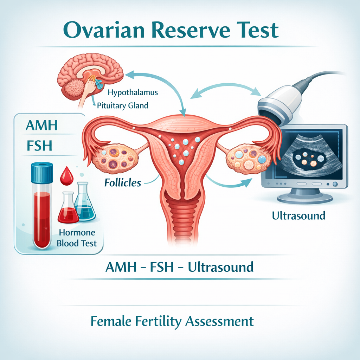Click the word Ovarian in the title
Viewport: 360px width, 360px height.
coord(104,30)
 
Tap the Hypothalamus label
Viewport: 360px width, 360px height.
coord(133,92)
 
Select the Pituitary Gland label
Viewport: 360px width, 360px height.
coord(123,105)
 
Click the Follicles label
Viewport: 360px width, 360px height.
coord(123,183)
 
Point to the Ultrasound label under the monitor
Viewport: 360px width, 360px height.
coord(298,216)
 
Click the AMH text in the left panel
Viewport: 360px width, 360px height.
coord(41,126)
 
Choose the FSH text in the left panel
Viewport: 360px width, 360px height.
coord(39,146)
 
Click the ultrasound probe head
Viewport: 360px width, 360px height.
coord(279,106)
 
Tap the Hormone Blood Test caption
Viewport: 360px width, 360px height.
coord(77,238)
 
